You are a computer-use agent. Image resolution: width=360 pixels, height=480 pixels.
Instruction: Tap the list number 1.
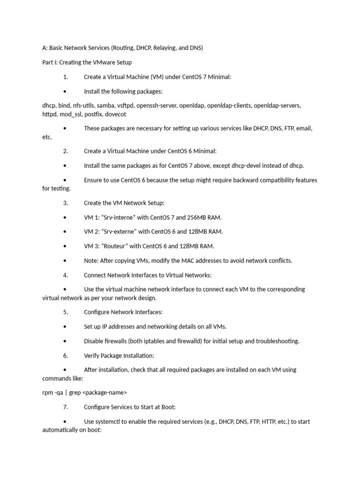(x=66, y=77)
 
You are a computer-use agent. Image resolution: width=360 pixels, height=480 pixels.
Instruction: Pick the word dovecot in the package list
(x=115, y=114)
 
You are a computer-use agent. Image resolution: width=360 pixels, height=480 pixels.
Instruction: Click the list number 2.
(x=66, y=151)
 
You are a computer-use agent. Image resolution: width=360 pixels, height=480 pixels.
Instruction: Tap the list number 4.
(x=66, y=275)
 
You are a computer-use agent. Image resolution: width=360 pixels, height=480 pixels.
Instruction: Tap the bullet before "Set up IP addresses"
(x=64, y=327)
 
